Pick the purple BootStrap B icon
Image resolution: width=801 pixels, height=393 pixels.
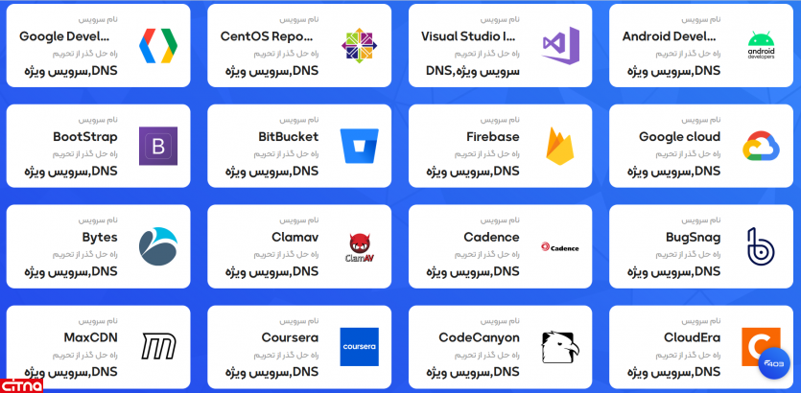[x=157, y=146]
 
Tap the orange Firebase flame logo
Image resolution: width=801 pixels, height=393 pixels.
[x=560, y=146]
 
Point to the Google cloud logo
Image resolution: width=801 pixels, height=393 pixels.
[x=762, y=146]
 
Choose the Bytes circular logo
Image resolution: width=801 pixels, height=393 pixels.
[x=157, y=245]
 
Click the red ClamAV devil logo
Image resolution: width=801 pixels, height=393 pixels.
[x=359, y=247]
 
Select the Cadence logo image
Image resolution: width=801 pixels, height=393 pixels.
[x=560, y=246]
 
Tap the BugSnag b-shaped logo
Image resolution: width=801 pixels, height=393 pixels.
[x=762, y=246]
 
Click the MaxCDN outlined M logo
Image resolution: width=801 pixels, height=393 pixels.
[x=157, y=346]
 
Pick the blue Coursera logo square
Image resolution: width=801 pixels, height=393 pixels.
[x=359, y=346]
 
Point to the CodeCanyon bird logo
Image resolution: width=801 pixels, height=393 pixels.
[x=560, y=346]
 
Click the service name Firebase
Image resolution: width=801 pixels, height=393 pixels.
[x=492, y=137]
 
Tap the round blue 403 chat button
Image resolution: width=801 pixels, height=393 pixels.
[x=773, y=363]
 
